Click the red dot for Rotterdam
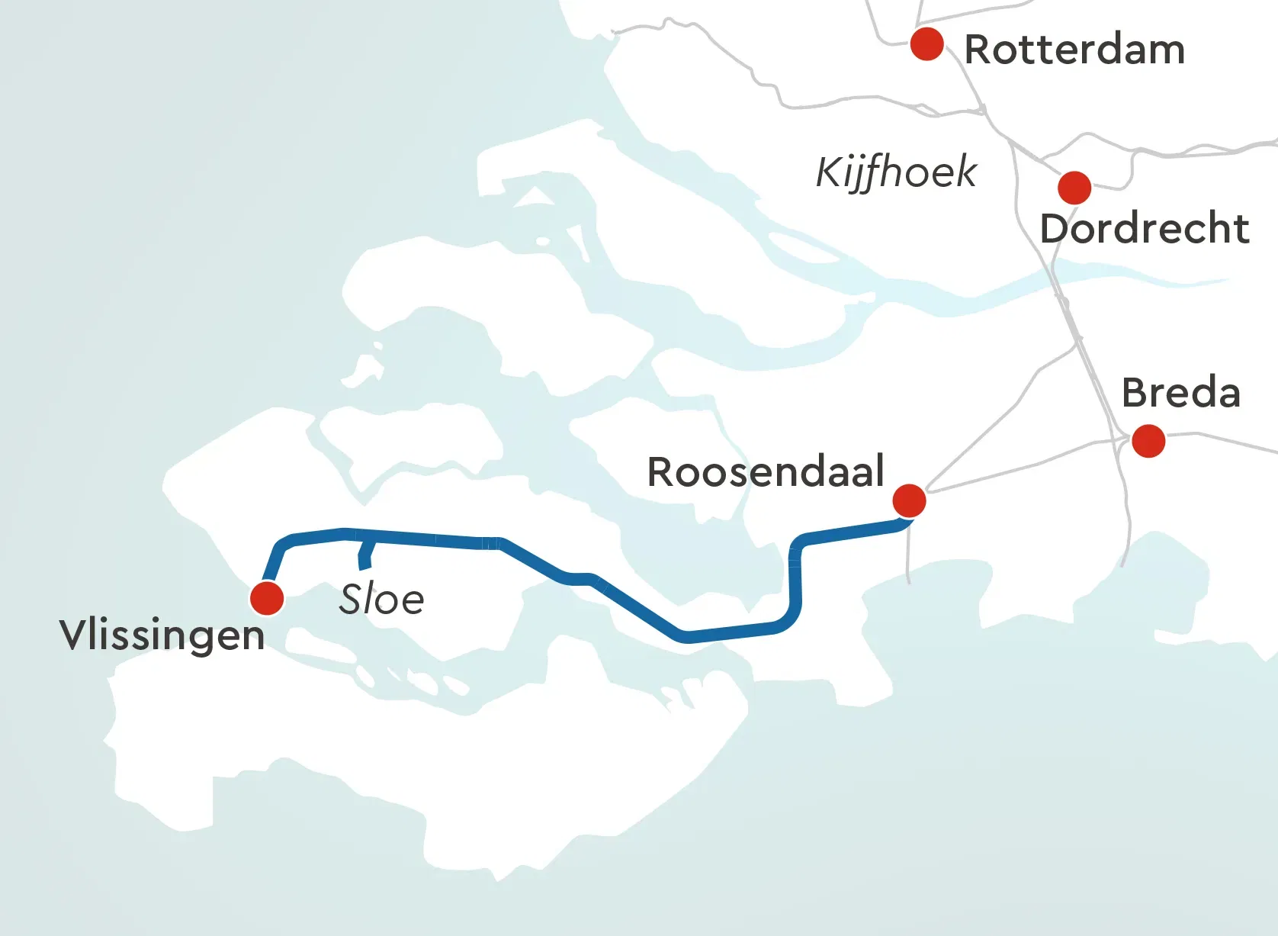[927, 44]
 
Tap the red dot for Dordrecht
[1074, 188]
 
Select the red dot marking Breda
[1148, 441]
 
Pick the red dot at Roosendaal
[909, 501]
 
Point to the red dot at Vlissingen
[267, 599]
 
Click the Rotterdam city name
[1074, 50]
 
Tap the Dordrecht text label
[1145, 229]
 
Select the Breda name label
[1181, 394]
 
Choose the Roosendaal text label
[766, 472]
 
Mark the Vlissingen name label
[162, 635]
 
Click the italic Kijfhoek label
[896, 172]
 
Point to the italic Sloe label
[382, 600]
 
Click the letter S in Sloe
[352, 600]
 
